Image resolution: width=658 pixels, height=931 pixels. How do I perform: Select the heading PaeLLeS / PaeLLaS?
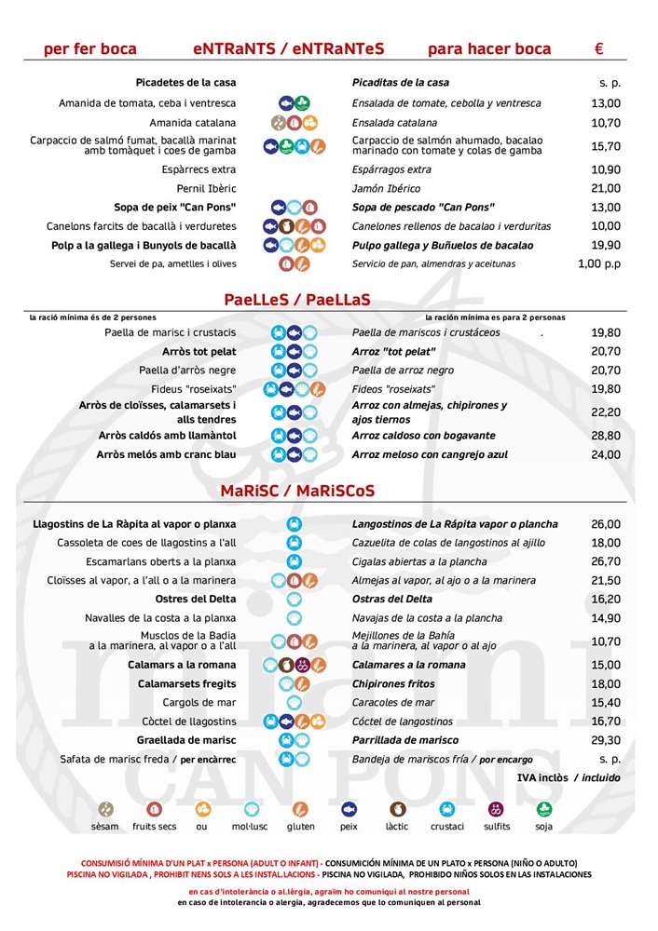tap(297, 300)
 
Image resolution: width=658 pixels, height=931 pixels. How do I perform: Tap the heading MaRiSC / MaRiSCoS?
tap(297, 491)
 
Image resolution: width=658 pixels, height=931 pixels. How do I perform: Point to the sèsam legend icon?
tap(106, 809)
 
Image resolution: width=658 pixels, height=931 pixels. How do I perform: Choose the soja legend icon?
tap(544, 809)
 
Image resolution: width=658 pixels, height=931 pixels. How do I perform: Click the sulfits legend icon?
tap(496, 809)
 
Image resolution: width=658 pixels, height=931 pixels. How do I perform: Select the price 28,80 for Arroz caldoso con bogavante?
tap(606, 436)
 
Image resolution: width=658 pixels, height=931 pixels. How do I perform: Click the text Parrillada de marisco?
tap(404, 740)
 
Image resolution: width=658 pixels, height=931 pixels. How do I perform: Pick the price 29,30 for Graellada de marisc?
tap(606, 740)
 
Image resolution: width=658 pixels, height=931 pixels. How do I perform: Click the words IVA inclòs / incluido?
tap(569, 777)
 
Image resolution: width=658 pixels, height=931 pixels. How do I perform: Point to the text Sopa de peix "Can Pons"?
tap(175, 207)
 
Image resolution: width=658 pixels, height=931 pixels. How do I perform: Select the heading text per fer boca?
tap(90, 49)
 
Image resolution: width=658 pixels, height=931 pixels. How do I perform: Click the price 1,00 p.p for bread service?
tap(599, 263)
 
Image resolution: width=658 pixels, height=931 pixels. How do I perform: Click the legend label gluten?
tap(300, 826)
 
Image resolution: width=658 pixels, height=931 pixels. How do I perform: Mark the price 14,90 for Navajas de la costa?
tap(606, 617)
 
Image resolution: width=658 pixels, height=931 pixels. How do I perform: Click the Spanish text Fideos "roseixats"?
tap(392, 389)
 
